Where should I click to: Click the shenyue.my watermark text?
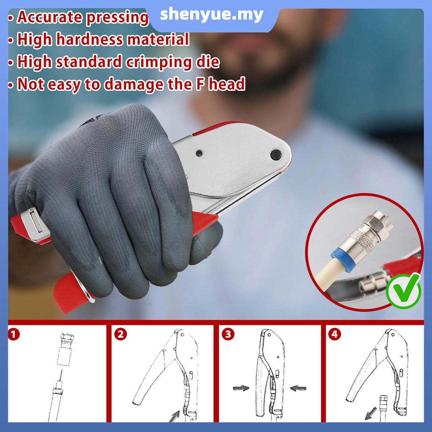coord(212,15)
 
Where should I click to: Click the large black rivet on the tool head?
coord(275,154)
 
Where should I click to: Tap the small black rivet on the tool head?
coord(199,153)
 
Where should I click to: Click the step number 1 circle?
coord(14,335)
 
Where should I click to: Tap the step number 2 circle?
coord(120,335)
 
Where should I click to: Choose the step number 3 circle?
coord(228,334)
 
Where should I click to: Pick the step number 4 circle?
coord(335,334)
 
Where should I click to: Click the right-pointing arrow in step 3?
coord(241,388)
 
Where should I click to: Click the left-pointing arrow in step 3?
coord(298,389)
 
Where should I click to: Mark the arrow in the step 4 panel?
coord(370,413)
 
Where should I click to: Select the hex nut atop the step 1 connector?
coord(67,338)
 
